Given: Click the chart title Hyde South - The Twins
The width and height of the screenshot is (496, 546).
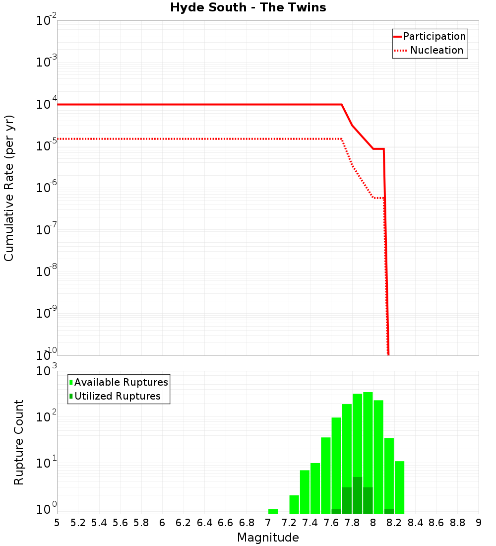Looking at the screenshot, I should click(x=248, y=8).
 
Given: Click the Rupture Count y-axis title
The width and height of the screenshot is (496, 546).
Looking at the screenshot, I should click(x=19, y=442).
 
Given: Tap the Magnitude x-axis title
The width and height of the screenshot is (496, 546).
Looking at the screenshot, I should click(x=268, y=538).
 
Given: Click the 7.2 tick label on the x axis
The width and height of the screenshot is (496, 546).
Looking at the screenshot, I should click(x=289, y=523).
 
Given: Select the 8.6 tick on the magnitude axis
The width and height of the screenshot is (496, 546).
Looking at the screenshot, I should click(x=436, y=523).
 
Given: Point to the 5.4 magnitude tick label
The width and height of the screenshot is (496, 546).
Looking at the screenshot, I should click(x=99, y=523).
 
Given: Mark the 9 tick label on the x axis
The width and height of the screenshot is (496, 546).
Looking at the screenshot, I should click(x=478, y=523).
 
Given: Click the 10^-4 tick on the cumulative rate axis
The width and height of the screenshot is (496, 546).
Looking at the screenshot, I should click(x=47, y=104).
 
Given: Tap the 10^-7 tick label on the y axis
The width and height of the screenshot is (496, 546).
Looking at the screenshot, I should click(x=47, y=230).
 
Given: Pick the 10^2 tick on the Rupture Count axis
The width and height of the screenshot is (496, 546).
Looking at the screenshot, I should click(x=48, y=417).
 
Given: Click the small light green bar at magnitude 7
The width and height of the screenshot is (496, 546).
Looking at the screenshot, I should click(x=273, y=511).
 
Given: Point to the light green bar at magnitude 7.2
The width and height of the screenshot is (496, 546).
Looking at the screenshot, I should click(x=294, y=504).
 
